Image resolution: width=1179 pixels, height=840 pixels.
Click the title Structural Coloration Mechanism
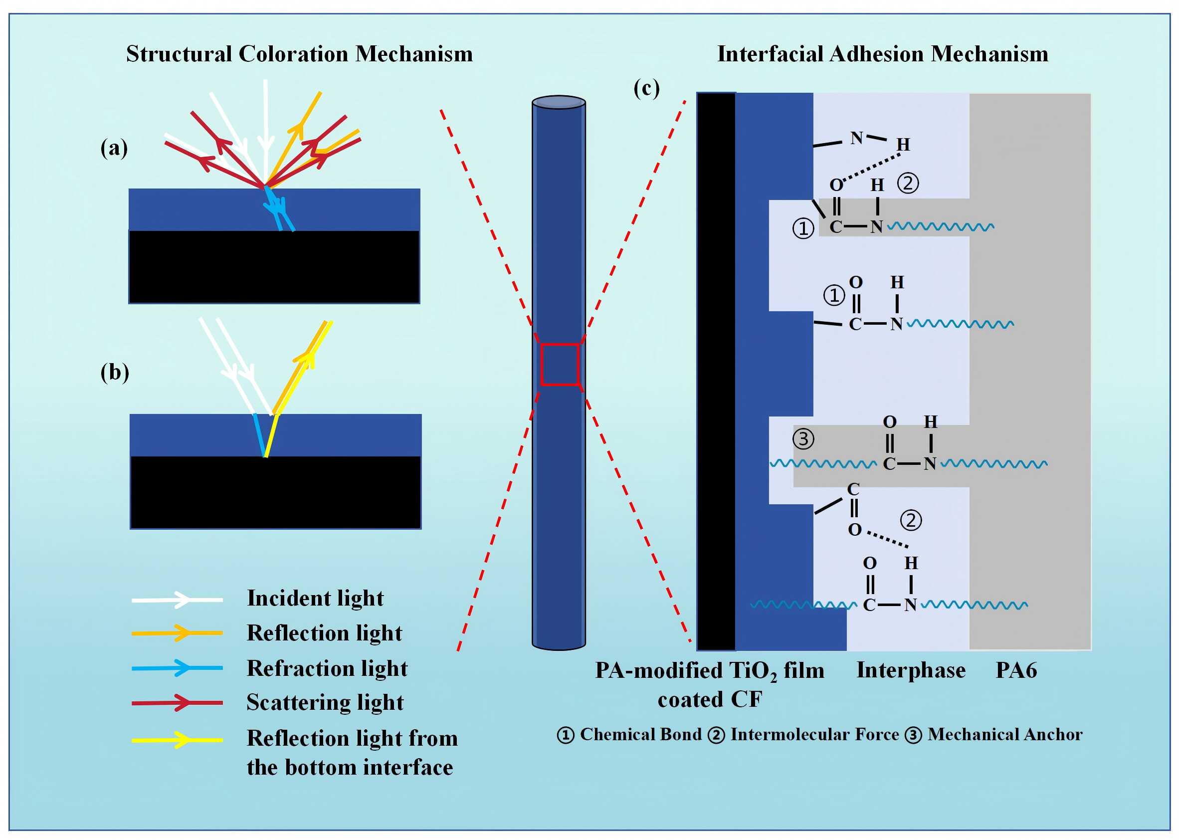point(299,54)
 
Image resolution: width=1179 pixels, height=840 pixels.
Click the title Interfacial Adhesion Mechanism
point(882,54)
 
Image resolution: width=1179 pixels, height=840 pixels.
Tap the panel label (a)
point(114,149)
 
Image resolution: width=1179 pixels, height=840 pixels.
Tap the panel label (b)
point(114,373)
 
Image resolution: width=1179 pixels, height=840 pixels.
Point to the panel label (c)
point(646,88)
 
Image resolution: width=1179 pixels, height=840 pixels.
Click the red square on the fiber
point(559,364)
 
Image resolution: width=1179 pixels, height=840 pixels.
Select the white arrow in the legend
point(177,600)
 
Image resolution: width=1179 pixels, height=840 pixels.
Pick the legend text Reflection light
point(324,633)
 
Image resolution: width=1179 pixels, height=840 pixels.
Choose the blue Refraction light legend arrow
point(177,668)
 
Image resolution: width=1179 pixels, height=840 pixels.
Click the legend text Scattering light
point(325,702)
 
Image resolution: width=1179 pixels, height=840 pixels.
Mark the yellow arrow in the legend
point(177,740)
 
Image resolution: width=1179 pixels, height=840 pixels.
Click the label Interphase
point(911,670)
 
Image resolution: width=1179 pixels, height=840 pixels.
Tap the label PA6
point(1016,670)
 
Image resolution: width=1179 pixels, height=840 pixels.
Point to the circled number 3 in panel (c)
point(803,439)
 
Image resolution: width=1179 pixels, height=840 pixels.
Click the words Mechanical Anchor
point(1004,734)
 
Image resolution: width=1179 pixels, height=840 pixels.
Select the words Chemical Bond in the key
point(641,734)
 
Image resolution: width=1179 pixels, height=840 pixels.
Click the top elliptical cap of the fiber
point(559,102)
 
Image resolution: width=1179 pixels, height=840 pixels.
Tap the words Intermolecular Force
point(814,734)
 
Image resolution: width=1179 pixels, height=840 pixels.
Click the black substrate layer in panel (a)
point(274,266)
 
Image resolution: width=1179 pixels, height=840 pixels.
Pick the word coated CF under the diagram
point(710,700)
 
